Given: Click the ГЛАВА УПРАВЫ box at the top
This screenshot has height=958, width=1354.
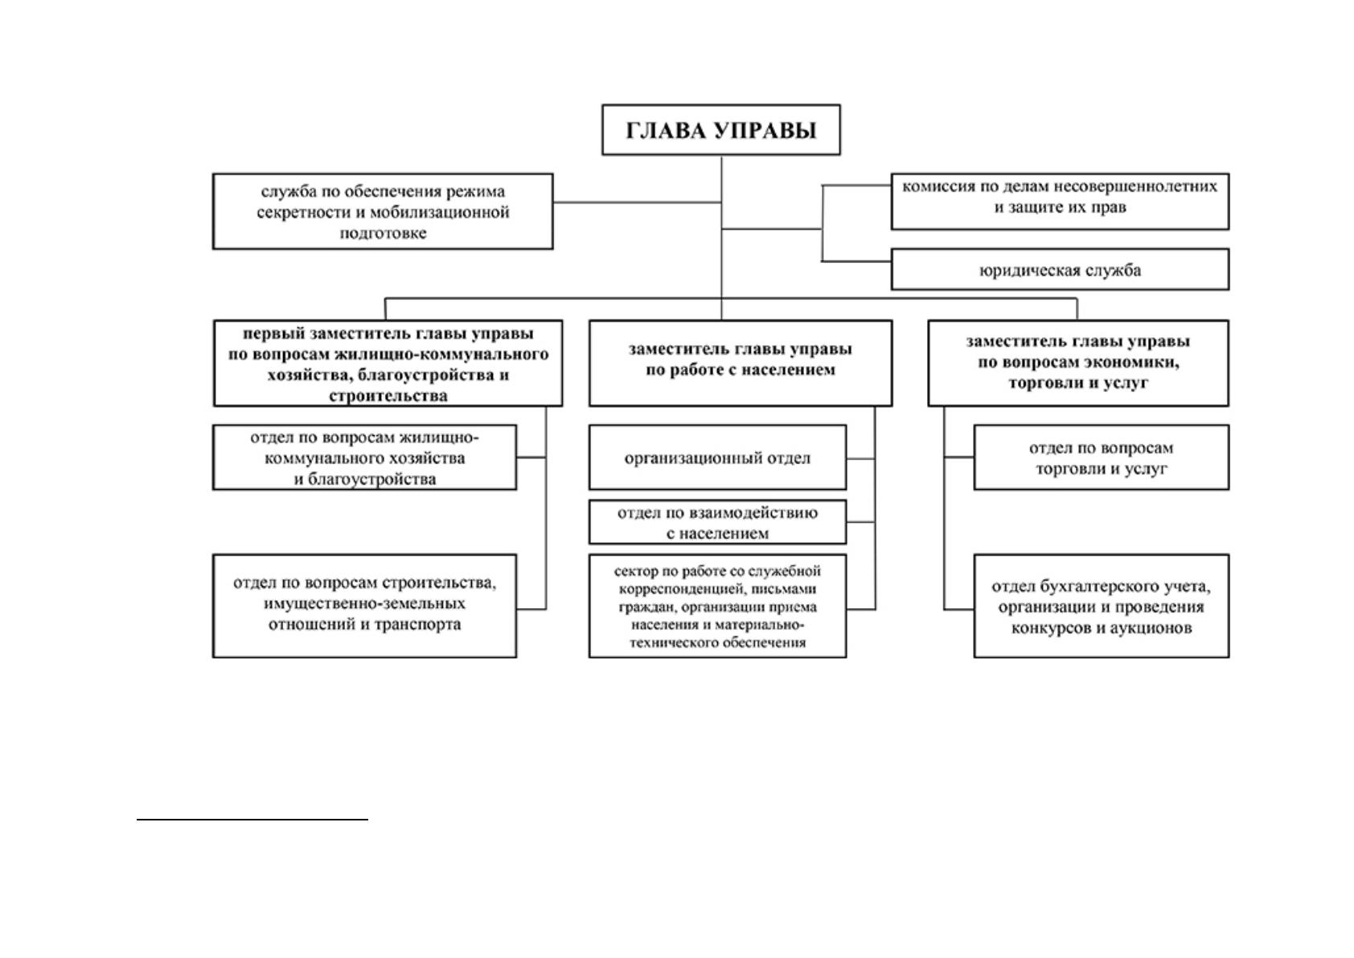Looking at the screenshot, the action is tap(720, 130).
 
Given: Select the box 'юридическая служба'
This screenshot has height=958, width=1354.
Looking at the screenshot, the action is tap(1060, 269).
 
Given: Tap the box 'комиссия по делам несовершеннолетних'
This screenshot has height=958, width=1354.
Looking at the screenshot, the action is tap(1060, 201).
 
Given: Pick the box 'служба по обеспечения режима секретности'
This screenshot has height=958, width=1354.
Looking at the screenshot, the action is tap(383, 212).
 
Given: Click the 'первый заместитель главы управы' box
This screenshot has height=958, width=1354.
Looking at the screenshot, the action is tap(388, 364).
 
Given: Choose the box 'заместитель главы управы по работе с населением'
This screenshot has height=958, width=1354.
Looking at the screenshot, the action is tap(741, 364).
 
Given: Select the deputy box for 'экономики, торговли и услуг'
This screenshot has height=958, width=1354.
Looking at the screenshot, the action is tap(1078, 364).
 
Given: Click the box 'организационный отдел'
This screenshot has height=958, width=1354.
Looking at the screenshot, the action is tap(717, 457).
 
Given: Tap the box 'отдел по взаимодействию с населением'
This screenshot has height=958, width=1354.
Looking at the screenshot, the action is tap(717, 522).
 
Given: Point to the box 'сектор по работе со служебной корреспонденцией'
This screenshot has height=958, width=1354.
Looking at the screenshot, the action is tap(717, 606).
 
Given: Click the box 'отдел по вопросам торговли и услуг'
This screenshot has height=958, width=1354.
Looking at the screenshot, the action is tap(1102, 457).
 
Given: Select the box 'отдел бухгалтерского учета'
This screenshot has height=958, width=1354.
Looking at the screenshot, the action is tap(1102, 606).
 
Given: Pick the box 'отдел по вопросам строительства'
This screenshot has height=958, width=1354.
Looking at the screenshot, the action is tap(364, 606).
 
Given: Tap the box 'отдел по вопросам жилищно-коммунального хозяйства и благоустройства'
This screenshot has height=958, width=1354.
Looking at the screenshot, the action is tap(364, 457).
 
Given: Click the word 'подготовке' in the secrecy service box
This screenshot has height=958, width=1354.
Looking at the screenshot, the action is tap(383, 233).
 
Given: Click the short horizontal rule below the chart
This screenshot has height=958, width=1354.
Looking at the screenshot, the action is tap(252, 820).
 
